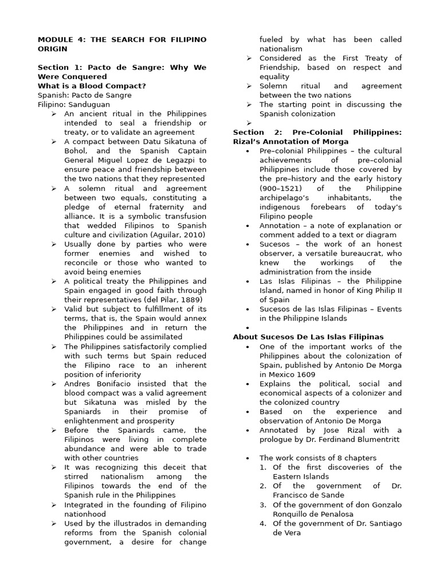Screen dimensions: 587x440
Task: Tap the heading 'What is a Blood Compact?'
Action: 92,86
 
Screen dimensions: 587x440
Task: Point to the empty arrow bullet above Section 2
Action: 249,123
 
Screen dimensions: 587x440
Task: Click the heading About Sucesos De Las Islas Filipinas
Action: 308,337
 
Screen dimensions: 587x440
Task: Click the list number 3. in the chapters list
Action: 262,504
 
